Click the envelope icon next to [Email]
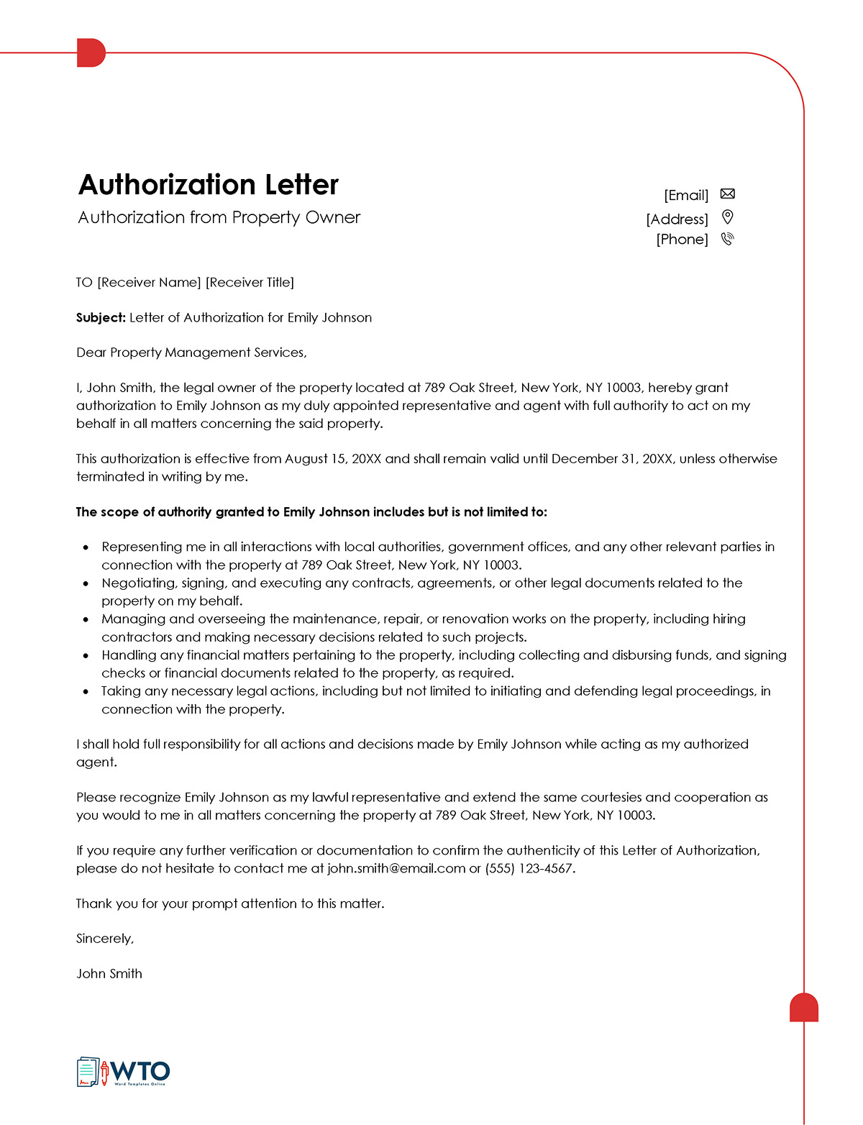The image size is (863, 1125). [x=727, y=194]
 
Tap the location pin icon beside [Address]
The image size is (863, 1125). [x=727, y=217]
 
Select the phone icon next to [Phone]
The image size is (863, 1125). [x=727, y=239]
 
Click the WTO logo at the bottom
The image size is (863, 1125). [x=123, y=1072]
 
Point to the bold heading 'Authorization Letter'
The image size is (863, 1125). [x=208, y=185]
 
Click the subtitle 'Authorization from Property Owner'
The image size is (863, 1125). [x=219, y=217]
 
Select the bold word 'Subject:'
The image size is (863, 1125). [x=101, y=318]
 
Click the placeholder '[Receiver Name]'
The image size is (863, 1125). [x=149, y=283]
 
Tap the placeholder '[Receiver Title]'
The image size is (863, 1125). [x=250, y=283]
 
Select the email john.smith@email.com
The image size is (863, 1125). [x=396, y=869]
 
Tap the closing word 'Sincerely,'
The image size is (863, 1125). [x=105, y=939]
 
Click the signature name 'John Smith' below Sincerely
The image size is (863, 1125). [x=109, y=974]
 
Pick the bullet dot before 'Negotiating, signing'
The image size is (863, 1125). [x=86, y=583]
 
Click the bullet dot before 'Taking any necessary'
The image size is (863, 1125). [x=86, y=691]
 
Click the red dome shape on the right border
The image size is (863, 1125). [x=804, y=1008]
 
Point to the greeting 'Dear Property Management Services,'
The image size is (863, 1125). [x=191, y=352]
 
